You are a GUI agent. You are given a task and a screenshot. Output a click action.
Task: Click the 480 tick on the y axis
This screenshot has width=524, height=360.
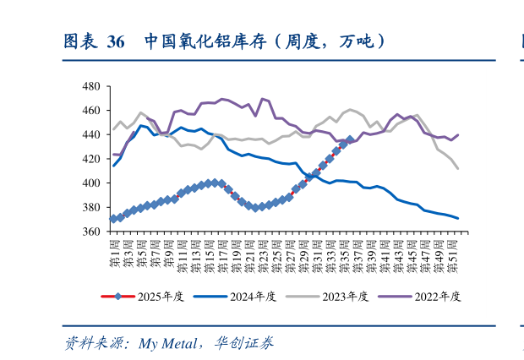91,86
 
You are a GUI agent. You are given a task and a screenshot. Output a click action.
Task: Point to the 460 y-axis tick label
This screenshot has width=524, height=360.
91,111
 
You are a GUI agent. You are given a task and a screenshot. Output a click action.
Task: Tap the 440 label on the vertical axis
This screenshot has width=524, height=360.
91,134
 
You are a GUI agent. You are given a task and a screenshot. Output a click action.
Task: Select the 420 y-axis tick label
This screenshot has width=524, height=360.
91,159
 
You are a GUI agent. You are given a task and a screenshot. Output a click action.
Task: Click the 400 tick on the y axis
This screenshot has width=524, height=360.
91,183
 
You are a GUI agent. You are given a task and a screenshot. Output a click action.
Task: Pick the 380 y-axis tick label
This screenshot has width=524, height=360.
91,207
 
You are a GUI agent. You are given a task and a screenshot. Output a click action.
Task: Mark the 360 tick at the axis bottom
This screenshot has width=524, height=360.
91,232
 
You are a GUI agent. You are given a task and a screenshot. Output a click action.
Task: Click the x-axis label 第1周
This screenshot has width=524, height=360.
114,253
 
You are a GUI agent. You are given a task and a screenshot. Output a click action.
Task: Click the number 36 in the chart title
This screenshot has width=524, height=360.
117,41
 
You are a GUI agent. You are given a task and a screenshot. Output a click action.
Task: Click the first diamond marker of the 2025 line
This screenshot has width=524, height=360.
114,219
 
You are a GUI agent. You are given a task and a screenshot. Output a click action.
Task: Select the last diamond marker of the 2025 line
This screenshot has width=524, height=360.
350,139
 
